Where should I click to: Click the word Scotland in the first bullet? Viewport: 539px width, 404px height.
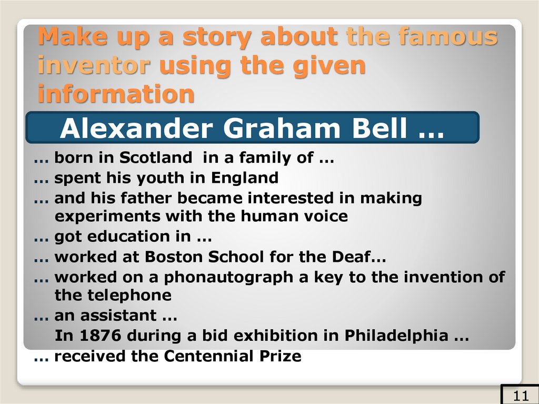[x=155, y=157]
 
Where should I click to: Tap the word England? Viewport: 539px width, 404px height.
[x=245, y=178]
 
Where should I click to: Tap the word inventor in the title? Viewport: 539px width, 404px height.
[x=94, y=66]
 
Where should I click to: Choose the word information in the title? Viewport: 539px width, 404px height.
[x=116, y=94]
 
